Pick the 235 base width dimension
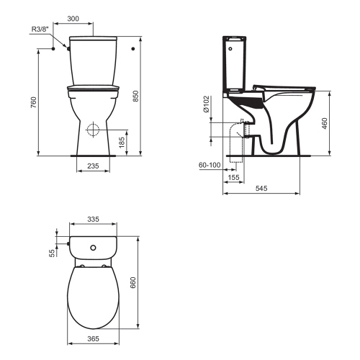[94, 166]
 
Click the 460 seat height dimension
[325, 123]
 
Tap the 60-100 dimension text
[210, 166]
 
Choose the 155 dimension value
[234, 176]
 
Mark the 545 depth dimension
[262, 188]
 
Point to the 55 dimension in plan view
[52, 253]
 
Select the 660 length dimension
[133, 284]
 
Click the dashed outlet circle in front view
[92, 131]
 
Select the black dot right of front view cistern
[135, 49]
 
